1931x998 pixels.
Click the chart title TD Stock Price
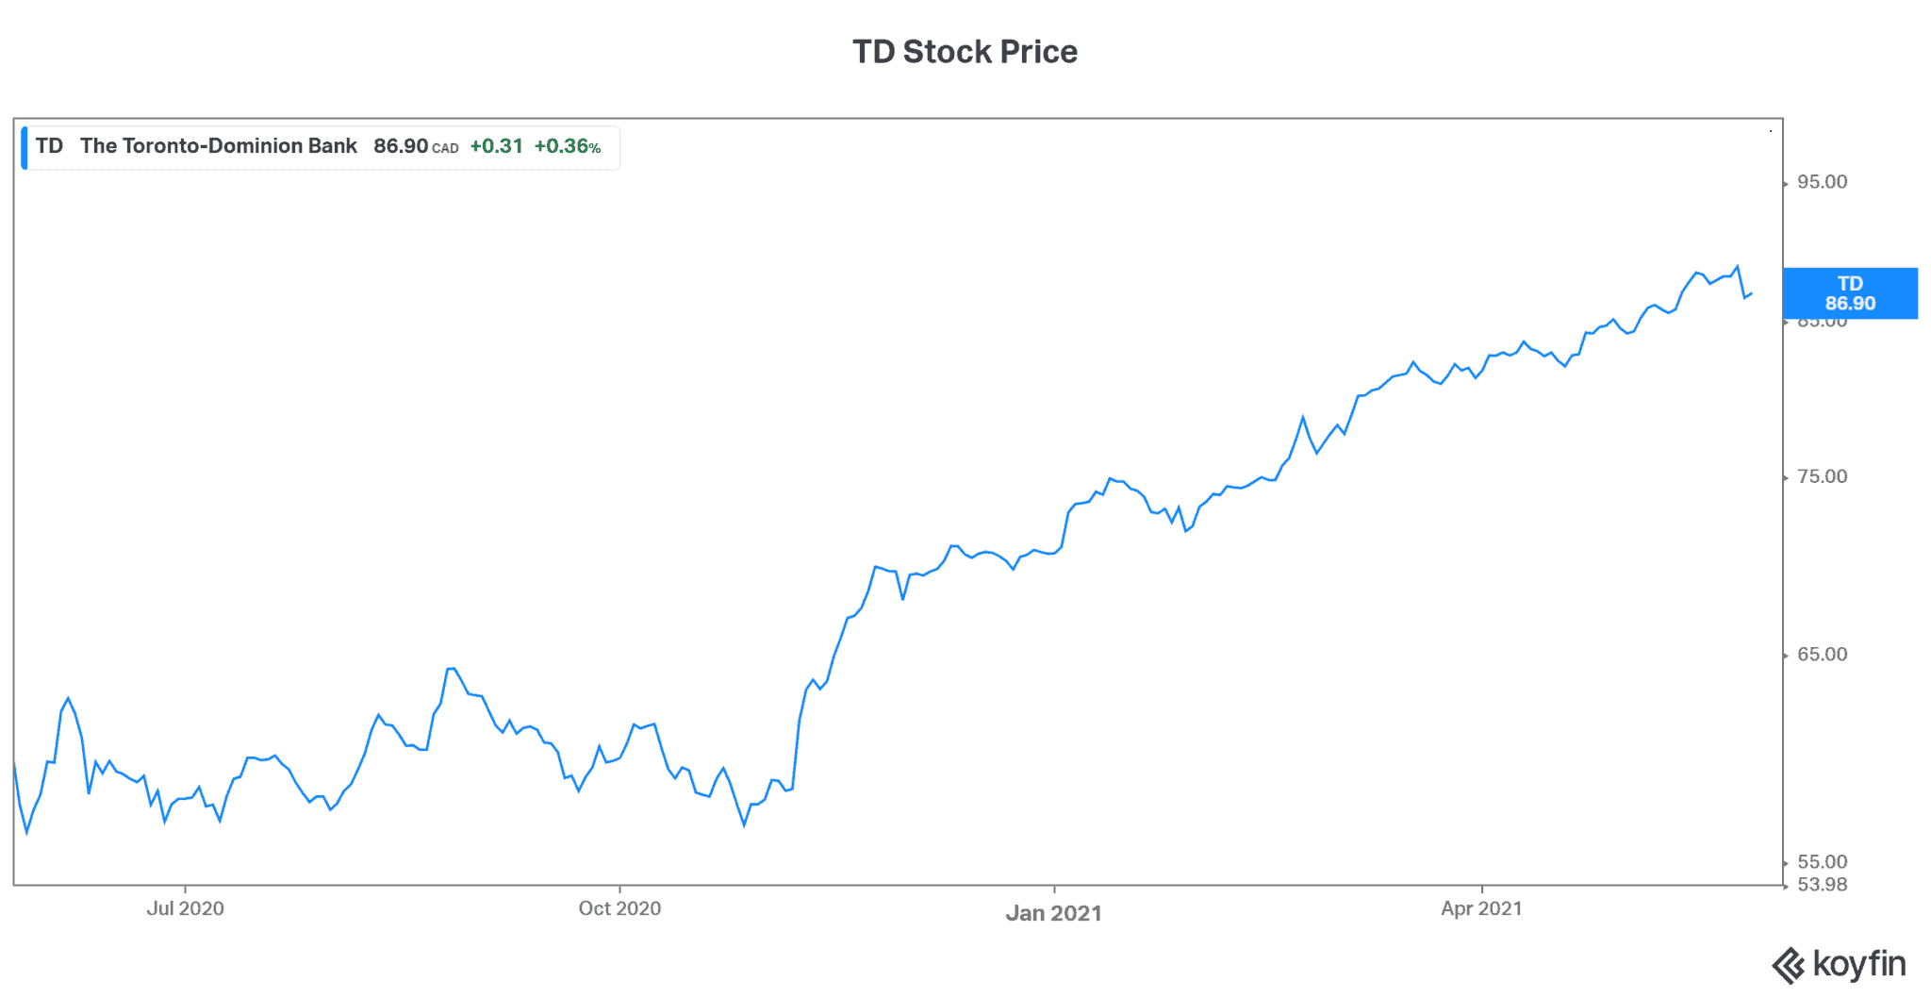point(965,52)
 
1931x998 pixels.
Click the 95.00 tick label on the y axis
point(1822,182)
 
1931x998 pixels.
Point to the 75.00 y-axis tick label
point(1822,476)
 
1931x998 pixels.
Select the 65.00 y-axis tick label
point(1822,655)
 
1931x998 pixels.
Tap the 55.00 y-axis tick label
point(1822,861)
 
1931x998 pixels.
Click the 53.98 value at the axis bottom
point(1822,885)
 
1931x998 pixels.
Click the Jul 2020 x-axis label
point(185,908)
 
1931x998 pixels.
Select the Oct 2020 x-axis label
point(619,908)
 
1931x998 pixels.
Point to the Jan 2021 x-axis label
point(1053,913)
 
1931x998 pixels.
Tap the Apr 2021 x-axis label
point(1481,908)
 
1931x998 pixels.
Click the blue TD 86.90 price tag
point(1850,293)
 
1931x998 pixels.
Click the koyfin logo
point(1839,965)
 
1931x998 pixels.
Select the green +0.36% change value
point(567,146)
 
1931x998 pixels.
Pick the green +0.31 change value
point(496,146)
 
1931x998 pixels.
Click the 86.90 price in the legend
point(401,146)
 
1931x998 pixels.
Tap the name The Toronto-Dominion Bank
point(218,146)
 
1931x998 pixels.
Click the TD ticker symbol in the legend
point(49,146)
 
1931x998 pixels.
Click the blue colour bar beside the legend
point(25,148)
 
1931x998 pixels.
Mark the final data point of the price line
point(1751,293)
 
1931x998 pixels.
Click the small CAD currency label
point(445,148)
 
